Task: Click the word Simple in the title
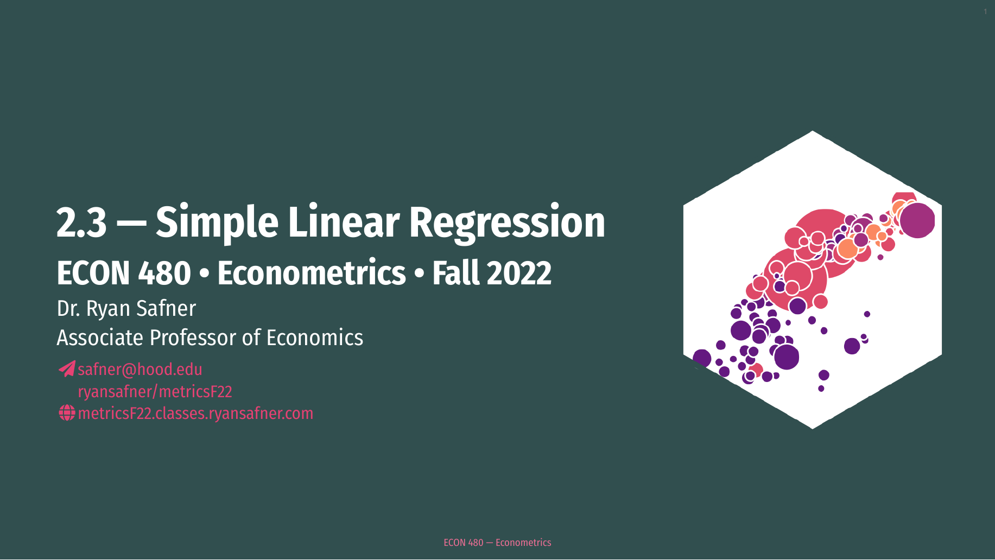(217, 222)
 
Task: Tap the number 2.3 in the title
(81, 222)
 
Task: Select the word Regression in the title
(507, 222)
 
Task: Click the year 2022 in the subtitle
(519, 273)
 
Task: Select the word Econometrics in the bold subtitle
(312, 273)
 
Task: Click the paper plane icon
(67, 369)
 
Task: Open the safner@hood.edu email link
(140, 370)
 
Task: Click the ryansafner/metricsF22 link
(155, 391)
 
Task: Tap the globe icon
(67, 413)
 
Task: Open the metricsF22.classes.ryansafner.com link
(195, 413)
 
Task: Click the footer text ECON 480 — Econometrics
(497, 543)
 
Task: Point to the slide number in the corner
(985, 12)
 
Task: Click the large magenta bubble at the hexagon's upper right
(917, 220)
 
